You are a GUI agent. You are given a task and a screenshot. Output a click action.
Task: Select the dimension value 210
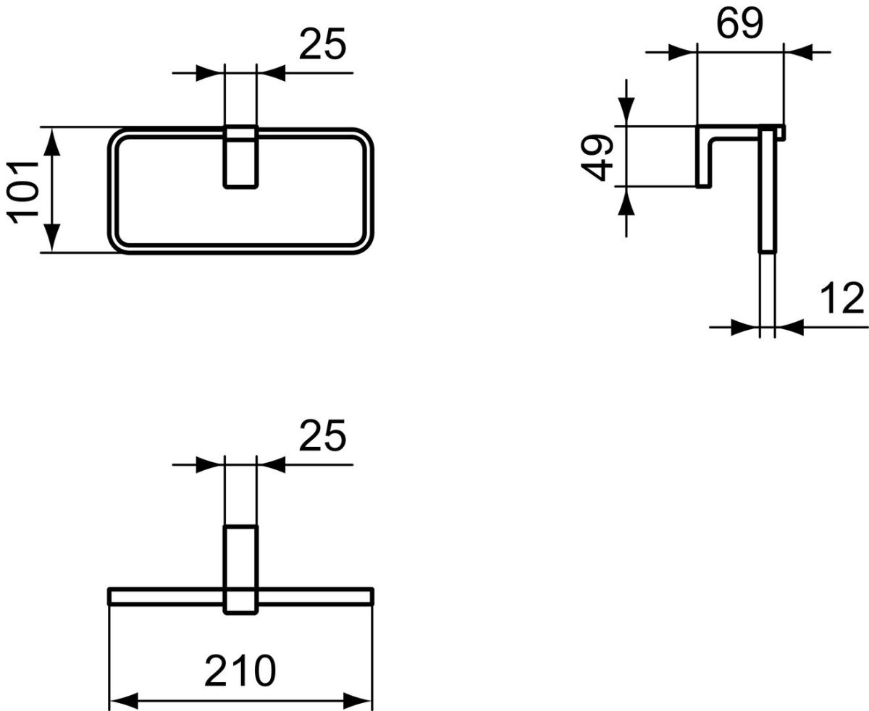pos(240,670)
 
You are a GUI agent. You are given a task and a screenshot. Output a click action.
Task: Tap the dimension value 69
pos(739,24)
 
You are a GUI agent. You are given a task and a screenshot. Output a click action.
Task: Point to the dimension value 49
pos(596,158)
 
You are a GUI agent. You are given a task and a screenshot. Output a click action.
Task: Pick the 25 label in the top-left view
pos(322,44)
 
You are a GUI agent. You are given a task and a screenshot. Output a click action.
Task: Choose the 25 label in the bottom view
pos(322,435)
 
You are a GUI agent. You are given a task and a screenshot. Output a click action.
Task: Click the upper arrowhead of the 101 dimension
pos(52,142)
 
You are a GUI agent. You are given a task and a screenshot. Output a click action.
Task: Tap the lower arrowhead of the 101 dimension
pos(52,238)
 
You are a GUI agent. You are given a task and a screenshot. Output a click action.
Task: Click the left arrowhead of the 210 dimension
pos(123,701)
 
